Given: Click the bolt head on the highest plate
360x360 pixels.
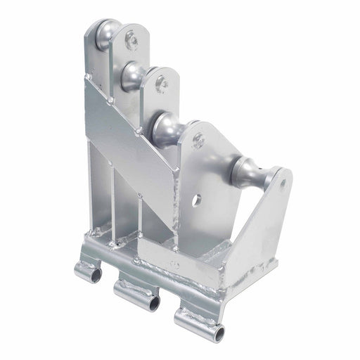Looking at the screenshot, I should (x=131, y=41).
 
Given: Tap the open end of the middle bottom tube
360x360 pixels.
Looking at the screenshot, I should (x=153, y=303).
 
